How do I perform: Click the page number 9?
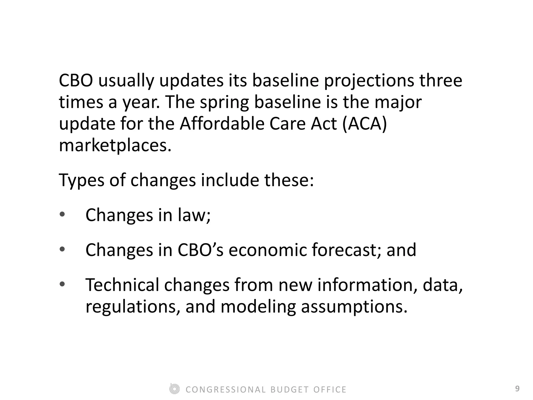click(x=517, y=389)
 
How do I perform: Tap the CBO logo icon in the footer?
click(x=174, y=389)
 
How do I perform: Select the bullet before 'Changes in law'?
click(x=62, y=215)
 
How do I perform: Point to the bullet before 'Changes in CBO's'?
click(x=62, y=249)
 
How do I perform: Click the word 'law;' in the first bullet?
click(x=194, y=215)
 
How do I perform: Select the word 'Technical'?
click(x=122, y=285)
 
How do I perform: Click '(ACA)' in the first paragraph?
click(x=365, y=123)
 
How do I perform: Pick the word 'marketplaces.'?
click(x=115, y=145)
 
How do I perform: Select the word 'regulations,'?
click(x=133, y=307)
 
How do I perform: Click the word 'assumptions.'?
click(x=354, y=307)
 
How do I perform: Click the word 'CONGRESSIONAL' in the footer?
click(x=226, y=390)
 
